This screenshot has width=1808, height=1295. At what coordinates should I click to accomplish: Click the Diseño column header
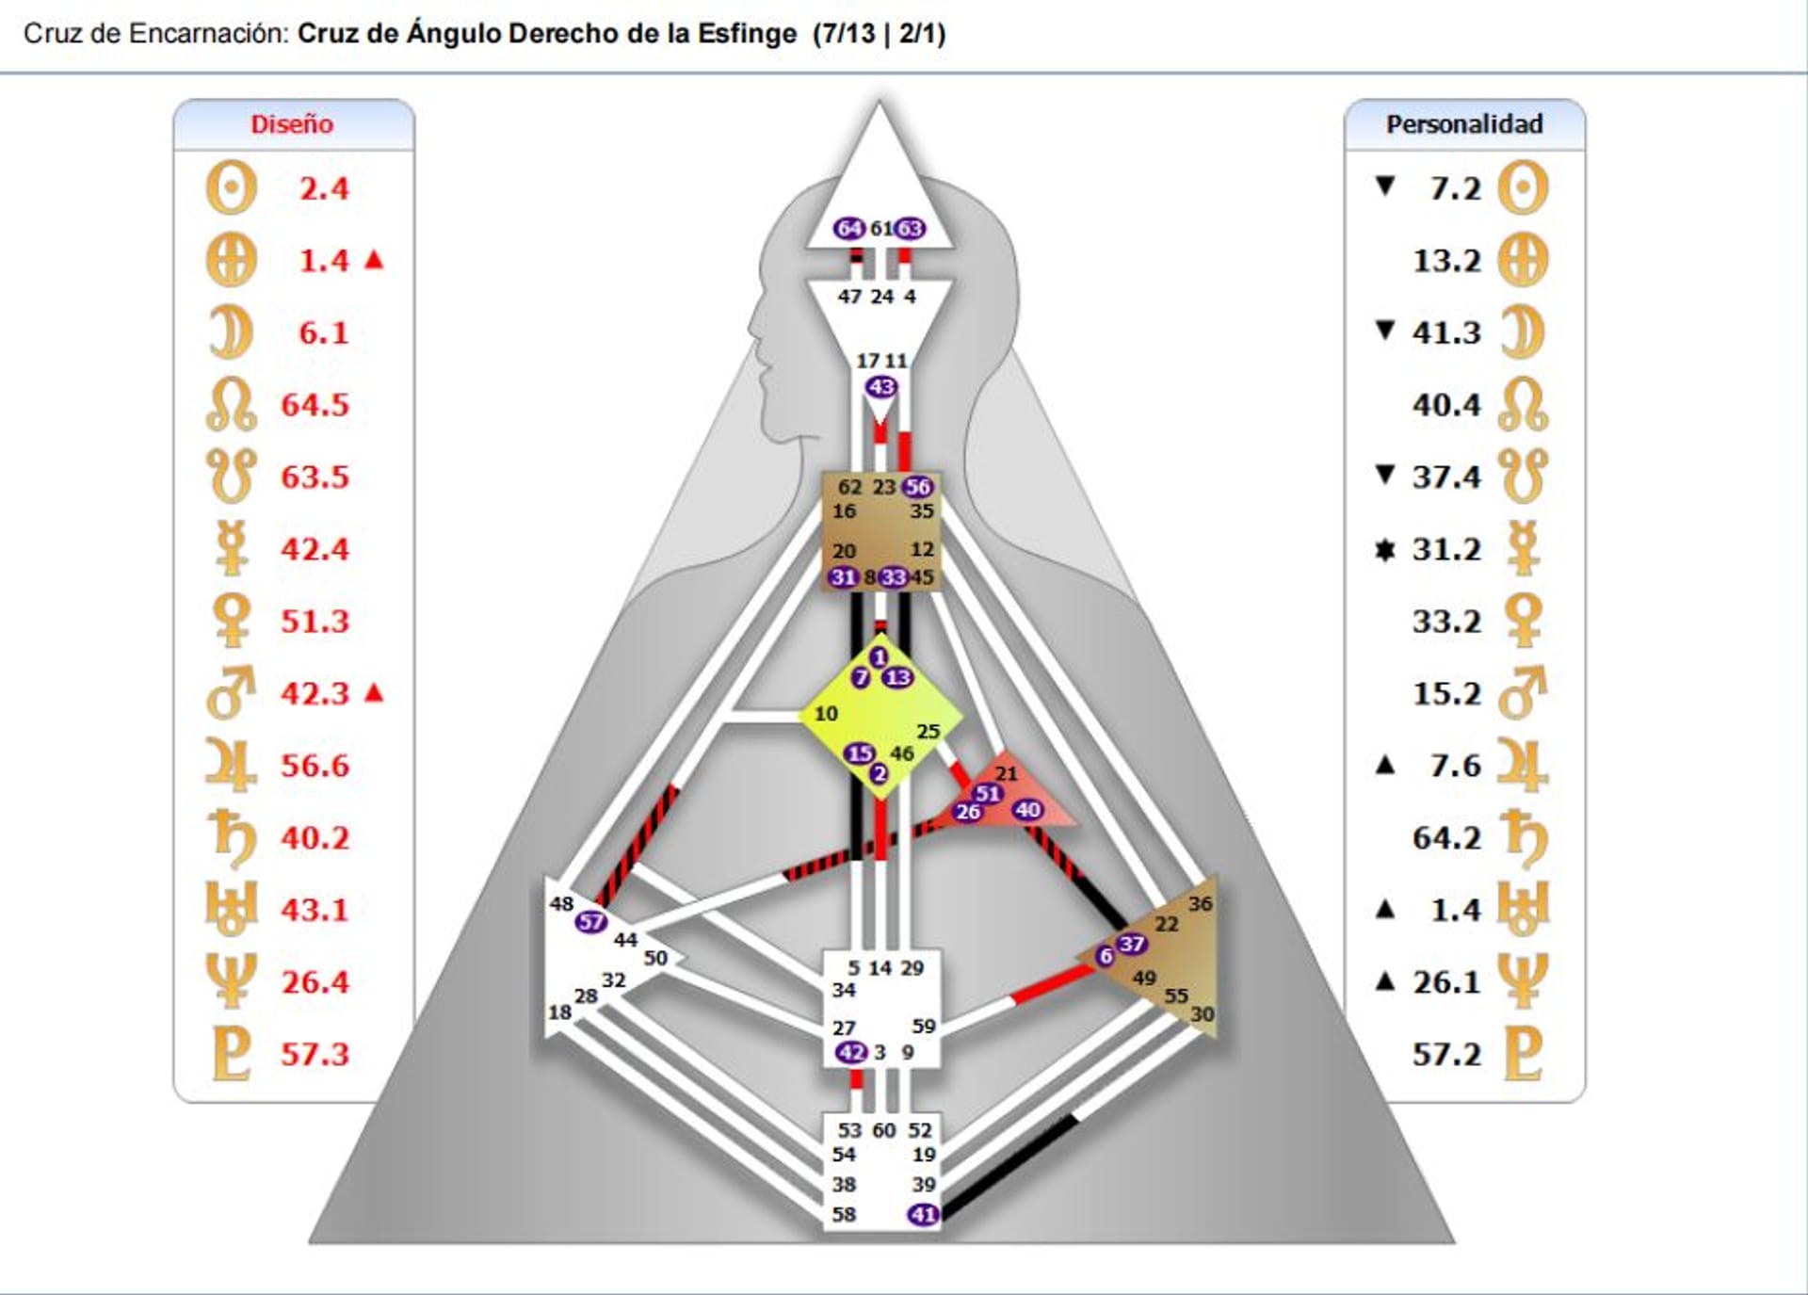tap(292, 124)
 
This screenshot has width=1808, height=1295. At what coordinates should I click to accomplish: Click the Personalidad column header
tap(1464, 124)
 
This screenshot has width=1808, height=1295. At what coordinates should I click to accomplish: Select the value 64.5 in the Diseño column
tap(315, 405)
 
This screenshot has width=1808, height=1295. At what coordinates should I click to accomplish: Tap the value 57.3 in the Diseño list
tap(315, 1054)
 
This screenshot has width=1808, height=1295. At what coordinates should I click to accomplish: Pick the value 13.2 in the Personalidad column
tap(1446, 261)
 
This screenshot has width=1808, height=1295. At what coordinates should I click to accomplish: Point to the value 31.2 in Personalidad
tap(1446, 549)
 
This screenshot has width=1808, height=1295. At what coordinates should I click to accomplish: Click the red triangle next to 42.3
tap(374, 693)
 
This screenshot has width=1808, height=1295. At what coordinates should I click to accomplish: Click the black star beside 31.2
tap(1384, 549)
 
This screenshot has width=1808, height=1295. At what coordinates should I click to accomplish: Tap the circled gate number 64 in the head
tap(848, 229)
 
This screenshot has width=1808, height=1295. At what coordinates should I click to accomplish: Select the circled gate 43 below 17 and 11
tap(881, 387)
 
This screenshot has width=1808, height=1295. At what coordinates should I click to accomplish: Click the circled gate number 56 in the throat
tap(917, 487)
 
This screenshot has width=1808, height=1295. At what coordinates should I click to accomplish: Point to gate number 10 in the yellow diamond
tap(826, 714)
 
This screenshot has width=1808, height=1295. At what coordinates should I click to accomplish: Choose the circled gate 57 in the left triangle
tap(591, 922)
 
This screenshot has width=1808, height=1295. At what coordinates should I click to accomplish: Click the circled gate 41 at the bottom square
tap(923, 1215)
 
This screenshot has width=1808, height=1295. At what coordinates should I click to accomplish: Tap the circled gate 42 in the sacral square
tap(851, 1052)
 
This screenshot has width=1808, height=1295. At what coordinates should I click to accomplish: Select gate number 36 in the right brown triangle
tap(1200, 904)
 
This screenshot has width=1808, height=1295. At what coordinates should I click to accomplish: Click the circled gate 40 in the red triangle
tap(1027, 810)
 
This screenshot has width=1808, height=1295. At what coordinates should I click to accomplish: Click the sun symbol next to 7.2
tap(1523, 188)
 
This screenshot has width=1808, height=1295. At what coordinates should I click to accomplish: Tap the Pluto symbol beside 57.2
tap(1523, 1053)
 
